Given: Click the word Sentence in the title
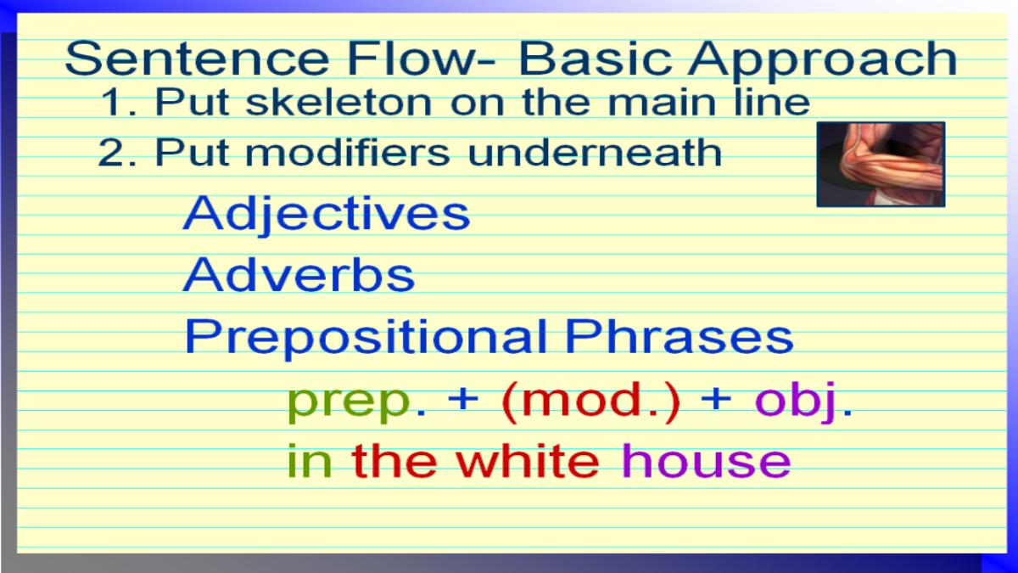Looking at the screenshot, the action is point(196,59).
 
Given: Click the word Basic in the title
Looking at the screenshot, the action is point(595,59).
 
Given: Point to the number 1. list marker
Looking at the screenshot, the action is point(118,102).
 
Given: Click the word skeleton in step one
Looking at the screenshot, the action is point(338,101).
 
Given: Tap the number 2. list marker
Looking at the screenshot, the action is point(117,153).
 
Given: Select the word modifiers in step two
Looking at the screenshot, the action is point(348,152).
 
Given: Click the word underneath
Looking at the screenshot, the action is point(595,152).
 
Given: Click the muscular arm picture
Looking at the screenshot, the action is point(881,164).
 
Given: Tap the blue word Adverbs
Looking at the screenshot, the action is point(299,274).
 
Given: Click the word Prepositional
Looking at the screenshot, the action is point(366,339).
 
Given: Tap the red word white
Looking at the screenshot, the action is point(528,460).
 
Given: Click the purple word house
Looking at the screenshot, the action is point(706,460).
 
